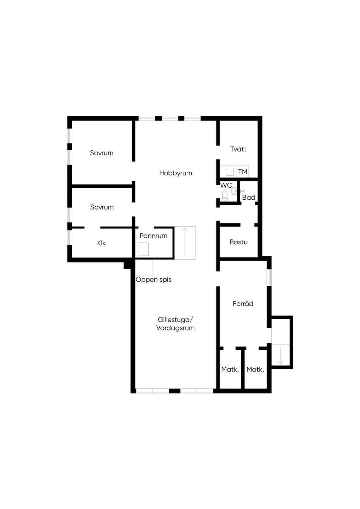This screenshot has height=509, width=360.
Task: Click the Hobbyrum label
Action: [175, 173]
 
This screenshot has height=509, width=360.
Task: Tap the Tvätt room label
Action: [238, 149]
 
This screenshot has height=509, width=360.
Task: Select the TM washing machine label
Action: [243, 172]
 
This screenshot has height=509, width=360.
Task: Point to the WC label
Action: [226, 185]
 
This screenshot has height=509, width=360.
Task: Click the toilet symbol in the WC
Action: [225, 196]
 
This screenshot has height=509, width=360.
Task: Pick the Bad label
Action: [249, 198]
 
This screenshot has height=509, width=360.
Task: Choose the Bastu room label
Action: [238, 242]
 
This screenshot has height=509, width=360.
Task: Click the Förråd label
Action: [243, 304]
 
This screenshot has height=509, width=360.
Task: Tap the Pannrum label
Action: [153, 236]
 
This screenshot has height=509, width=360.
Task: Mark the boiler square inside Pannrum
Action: [143, 249]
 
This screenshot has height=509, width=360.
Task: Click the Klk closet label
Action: [101, 243]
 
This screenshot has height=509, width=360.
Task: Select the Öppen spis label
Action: [154, 280]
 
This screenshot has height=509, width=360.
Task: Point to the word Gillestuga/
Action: [175, 320]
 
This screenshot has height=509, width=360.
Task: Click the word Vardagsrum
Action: [175, 328]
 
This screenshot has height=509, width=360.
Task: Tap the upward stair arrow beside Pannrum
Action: [185, 242]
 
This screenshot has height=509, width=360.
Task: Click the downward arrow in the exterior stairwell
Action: [281, 356]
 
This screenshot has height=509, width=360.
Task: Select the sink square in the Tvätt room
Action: [230, 172]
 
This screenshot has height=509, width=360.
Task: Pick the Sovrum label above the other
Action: [102, 153]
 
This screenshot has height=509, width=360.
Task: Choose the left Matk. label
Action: [230, 370]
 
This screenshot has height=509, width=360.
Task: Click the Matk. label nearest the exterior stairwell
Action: [255, 370]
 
